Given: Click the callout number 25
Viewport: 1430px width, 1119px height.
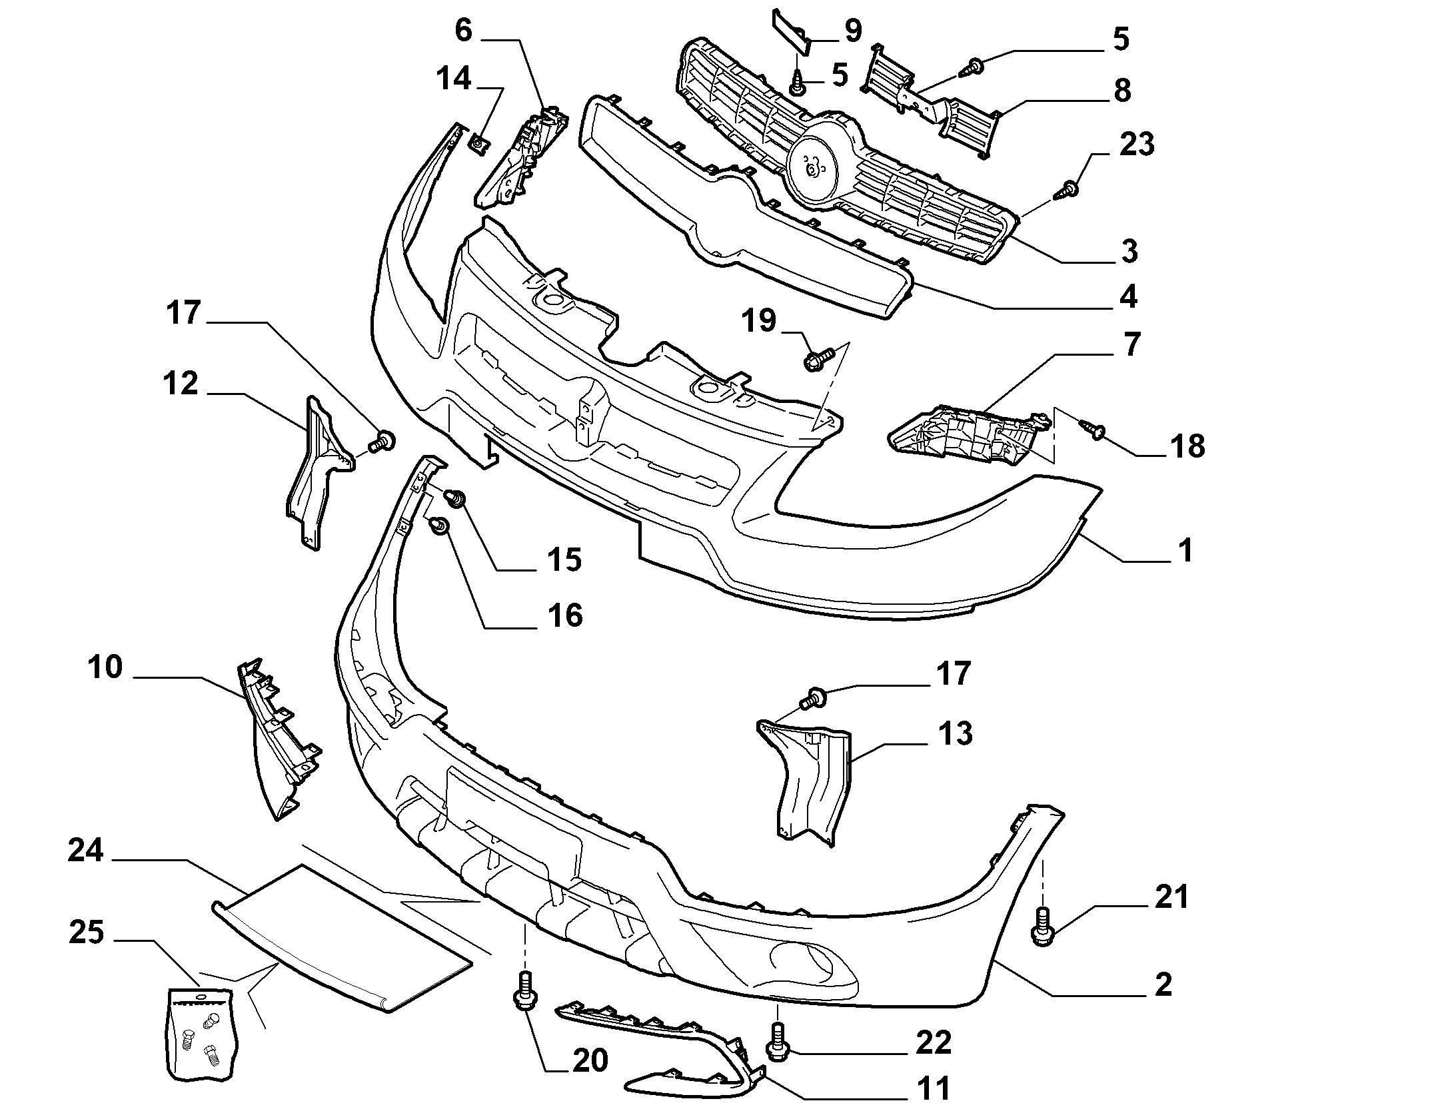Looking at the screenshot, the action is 86,932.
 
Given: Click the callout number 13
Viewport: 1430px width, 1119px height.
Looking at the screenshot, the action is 955,733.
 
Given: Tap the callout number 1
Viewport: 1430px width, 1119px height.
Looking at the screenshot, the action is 1185,550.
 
